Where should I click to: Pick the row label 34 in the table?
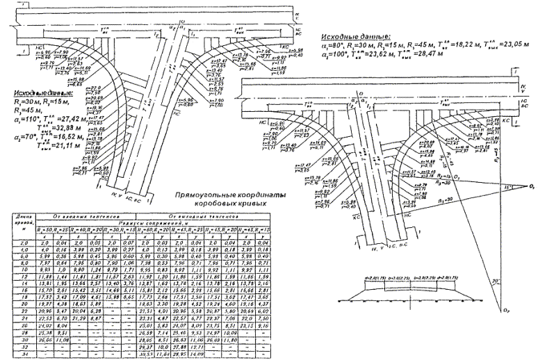point(15,354)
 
